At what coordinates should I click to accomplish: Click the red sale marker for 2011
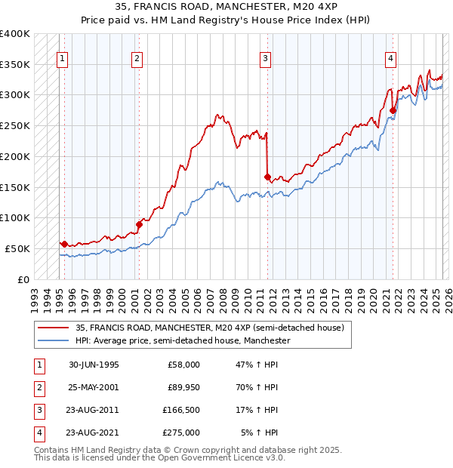[267, 177]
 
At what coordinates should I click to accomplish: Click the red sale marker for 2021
[393, 110]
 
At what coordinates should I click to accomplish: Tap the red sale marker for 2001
[139, 223]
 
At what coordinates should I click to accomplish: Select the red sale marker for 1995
[64, 243]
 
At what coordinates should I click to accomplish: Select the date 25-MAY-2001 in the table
[94, 387]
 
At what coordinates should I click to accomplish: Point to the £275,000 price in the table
[181, 433]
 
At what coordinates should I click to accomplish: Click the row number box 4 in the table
[39, 433]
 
